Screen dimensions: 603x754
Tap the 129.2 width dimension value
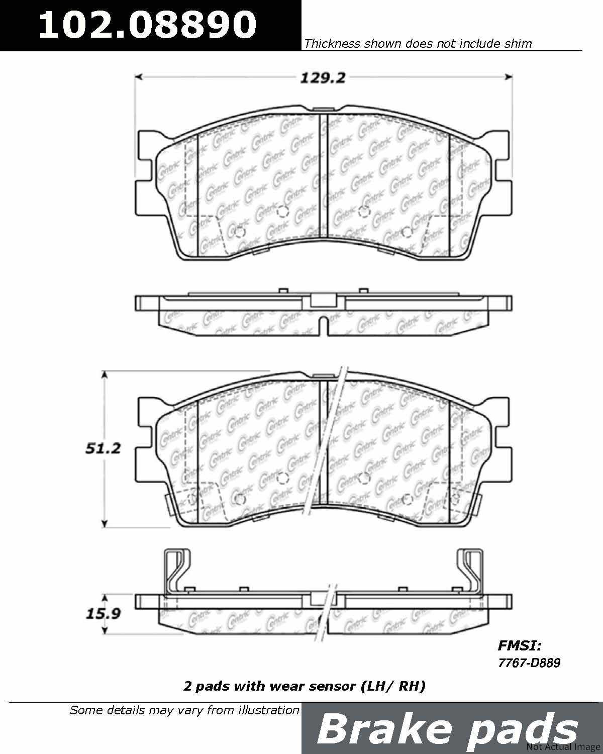(x=323, y=78)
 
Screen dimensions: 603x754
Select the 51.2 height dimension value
(x=103, y=448)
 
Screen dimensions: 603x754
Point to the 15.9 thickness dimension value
(x=103, y=613)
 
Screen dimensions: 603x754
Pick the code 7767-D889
(x=529, y=663)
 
